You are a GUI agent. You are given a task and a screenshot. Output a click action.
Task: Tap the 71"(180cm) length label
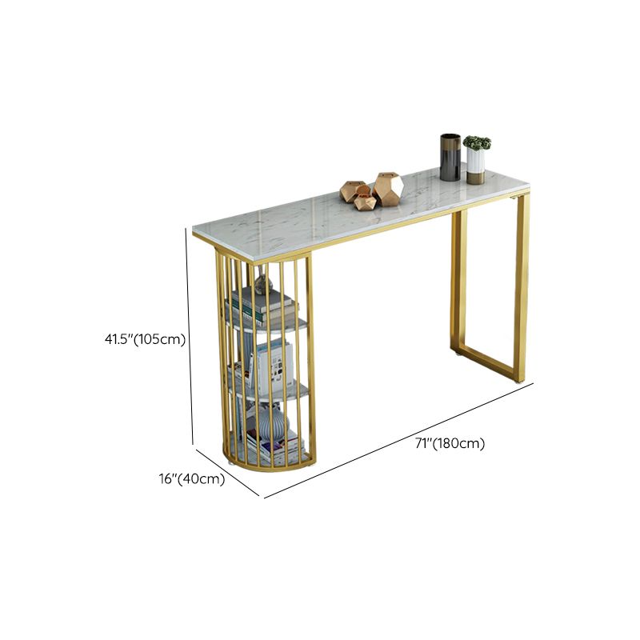pyautogui.click(x=450, y=443)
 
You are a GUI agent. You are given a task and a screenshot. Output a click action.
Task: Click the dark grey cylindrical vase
pyautogui.click(x=450, y=157)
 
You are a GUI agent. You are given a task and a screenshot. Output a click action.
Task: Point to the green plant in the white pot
pyautogui.click(x=477, y=143)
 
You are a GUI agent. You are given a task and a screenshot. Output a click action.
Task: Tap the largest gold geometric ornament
pyautogui.click(x=388, y=188)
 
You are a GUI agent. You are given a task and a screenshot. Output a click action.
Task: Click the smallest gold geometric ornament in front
pyautogui.click(x=366, y=202)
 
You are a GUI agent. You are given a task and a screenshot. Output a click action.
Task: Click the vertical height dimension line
pyautogui.click(x=190, y=336)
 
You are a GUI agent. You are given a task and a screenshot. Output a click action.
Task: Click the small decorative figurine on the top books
pyautogui.click(x=263, y=282)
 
